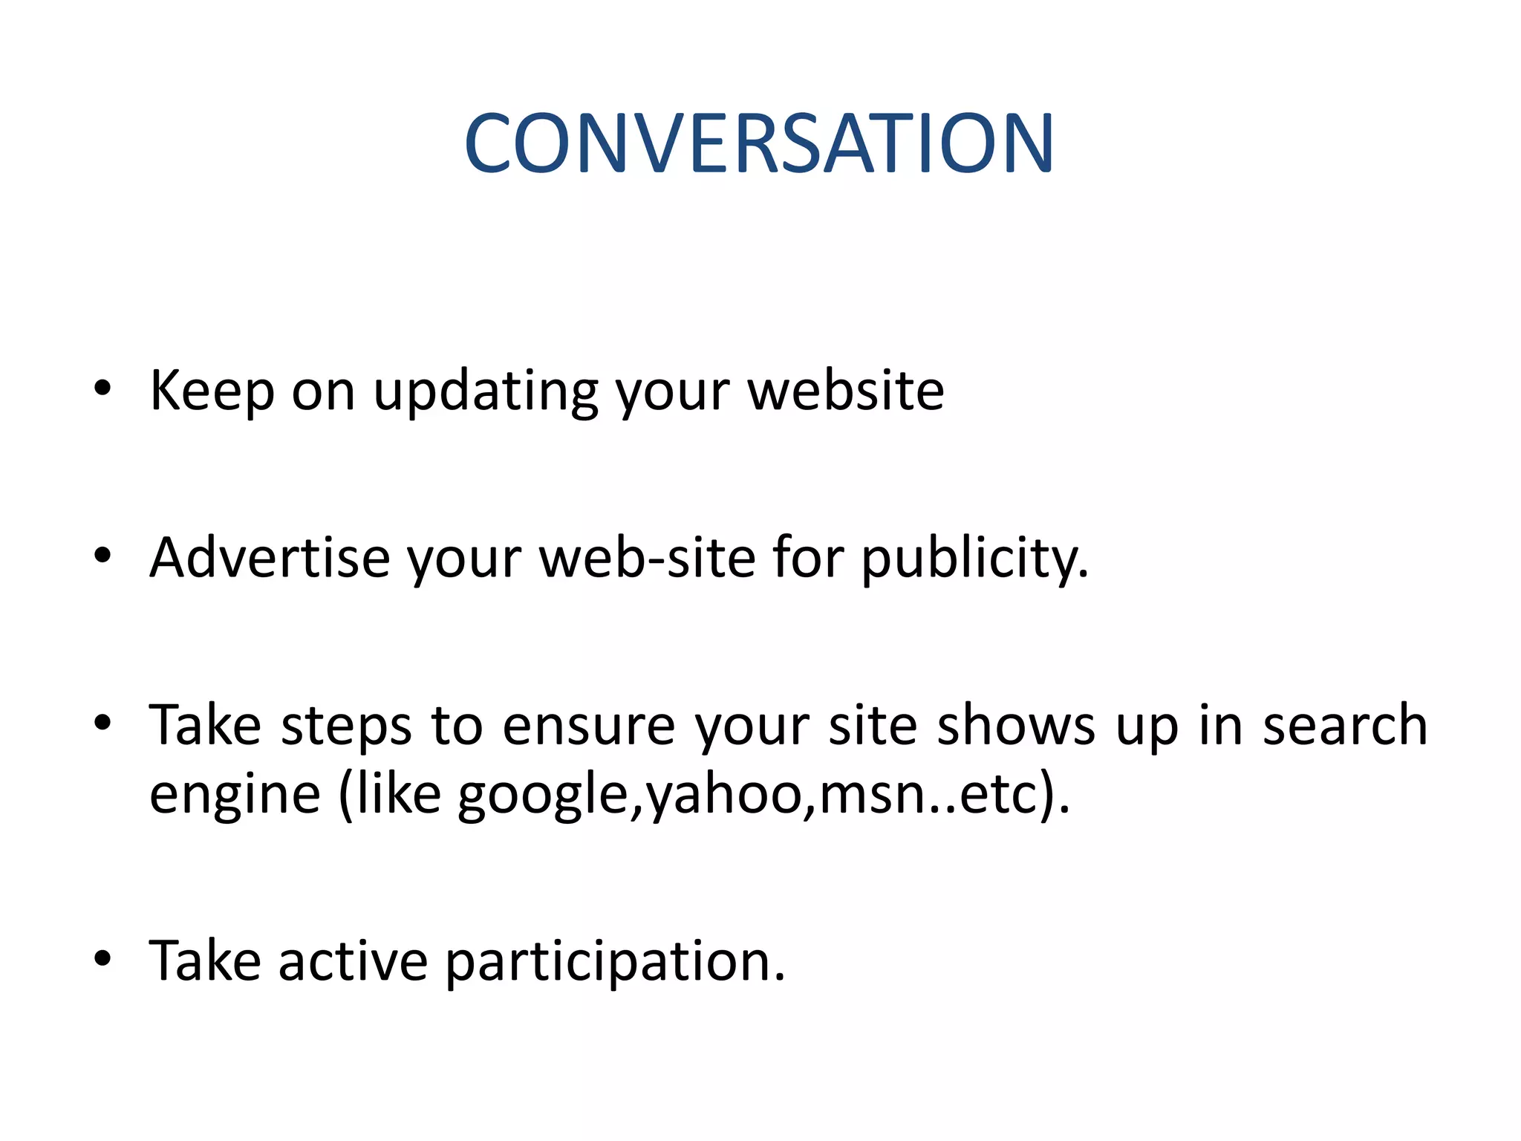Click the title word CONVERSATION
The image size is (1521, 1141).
pos(759,143)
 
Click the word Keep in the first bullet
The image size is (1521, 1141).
pos(212,391)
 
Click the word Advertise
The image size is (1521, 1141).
pos(269,558)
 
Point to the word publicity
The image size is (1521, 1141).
pos(974,559)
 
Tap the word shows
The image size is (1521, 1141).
pos(1015,725)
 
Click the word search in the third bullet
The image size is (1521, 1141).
pos(1345,725)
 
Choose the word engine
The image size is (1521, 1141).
pos(235,795)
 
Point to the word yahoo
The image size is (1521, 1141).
pos(723,795)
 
